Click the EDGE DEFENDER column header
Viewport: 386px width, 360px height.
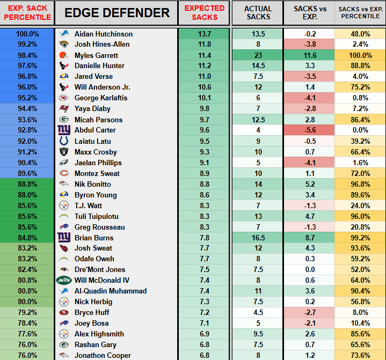(x=116, y=13)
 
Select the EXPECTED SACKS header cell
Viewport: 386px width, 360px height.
(x=204, y=13)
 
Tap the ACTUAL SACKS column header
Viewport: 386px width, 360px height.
(x=258, y=13)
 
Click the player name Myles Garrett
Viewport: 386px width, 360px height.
(x=96, y=55)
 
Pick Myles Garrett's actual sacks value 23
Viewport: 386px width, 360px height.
(x=258, y=55)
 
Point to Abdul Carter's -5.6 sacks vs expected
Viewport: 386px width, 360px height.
(x=309, y=130)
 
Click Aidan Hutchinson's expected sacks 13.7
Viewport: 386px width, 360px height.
(x=204, y=34)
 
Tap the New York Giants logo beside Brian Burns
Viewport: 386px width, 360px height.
(x=64, y=237)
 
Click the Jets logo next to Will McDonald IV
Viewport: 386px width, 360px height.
(x=64, y=280)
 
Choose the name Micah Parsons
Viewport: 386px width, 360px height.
(x=98, y=120)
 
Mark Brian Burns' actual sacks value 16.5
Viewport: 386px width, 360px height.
(x=258, y=238)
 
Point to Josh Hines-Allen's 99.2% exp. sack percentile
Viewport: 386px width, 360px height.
(x=27, y=45)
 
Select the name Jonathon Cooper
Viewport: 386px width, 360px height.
(x=103, y=355)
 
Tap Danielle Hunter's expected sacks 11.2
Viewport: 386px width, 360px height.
(x=204, y=66)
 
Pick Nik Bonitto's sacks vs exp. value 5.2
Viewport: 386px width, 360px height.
(x=309, y=184)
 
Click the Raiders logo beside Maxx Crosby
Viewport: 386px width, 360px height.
(x=64, y=152)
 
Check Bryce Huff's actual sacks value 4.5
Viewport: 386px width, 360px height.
(x=258, y=312)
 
